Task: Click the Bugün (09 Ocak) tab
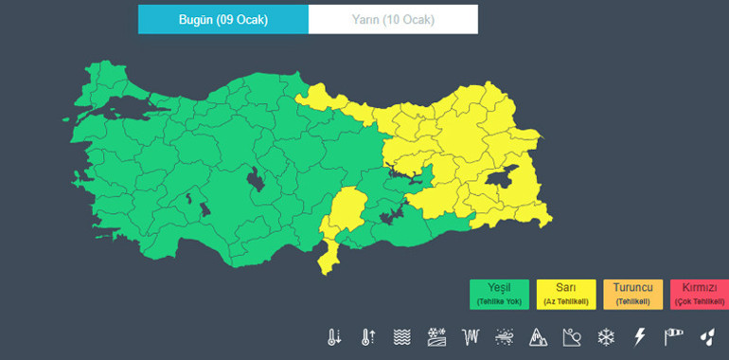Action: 222,20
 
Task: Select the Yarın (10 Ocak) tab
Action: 393,20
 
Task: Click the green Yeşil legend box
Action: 499,294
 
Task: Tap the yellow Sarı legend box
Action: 566,294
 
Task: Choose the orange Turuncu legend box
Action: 632,294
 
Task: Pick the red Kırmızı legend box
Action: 698,294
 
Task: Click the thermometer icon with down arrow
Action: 334,336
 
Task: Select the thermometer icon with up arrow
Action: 368,336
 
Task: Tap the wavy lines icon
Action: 402,336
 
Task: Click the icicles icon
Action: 471,336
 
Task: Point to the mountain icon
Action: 537,336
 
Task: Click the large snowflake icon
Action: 605,336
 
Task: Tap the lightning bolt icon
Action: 639,336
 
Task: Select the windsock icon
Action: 673,336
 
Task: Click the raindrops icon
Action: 706,336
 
